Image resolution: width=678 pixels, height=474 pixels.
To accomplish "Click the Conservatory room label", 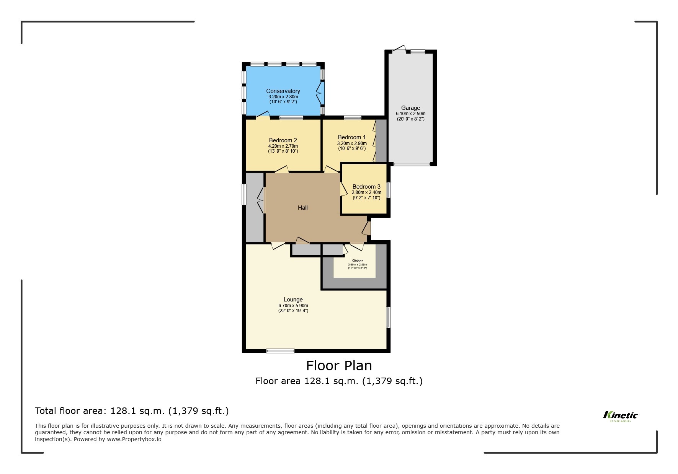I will [x=283, y=91].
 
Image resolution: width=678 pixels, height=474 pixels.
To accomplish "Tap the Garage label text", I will [x=410, y=108].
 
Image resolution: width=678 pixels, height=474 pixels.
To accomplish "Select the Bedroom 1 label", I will [x=351, y=137].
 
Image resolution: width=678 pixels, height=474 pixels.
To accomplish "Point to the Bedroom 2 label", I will [x=283, y=140].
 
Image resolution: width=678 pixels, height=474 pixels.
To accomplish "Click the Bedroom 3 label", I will [x=366, y=187].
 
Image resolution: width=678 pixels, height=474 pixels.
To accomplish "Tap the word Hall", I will [x=302, y=208].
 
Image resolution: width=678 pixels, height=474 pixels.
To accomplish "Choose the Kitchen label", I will [x=357, y=261].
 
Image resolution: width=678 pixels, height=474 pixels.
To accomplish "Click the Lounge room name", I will [x=293, y=300].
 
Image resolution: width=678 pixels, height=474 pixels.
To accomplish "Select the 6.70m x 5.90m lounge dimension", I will [x=293, y=306].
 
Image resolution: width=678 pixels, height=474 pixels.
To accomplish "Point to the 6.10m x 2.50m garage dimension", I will [x=410, y=114].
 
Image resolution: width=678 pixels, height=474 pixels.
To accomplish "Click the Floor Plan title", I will [x=339, y=366].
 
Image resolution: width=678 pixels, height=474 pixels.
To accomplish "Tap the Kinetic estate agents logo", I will [x=620, y=416].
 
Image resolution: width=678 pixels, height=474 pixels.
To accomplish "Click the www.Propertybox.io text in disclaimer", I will [x=134, y=439].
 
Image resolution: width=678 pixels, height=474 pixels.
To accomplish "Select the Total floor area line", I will [x=132, y=411].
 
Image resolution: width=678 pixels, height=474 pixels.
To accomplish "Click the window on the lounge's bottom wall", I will [x=280, y=350].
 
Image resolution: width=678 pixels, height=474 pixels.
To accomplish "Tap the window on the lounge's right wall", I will [x=388, y=317].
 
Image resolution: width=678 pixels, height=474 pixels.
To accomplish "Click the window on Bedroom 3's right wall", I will [x=389, y=190].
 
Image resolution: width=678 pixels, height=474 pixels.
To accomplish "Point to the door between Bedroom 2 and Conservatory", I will [x=263, y=114].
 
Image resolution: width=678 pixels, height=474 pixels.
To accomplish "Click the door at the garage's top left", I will [x=399, y=49].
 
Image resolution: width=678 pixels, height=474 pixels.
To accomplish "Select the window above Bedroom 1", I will [x=352, y=117].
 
